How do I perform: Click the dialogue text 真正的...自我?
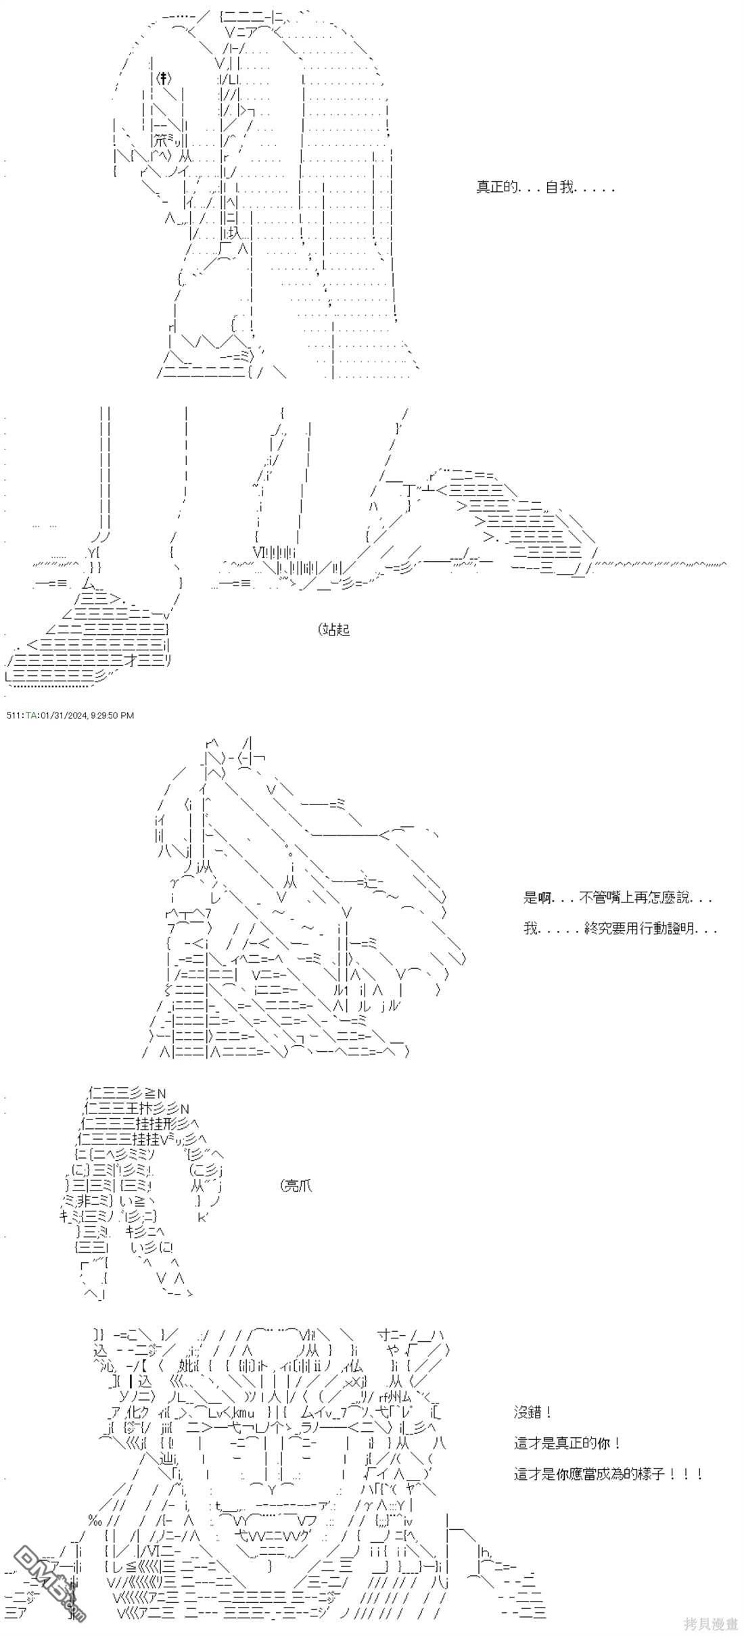pyautogui.click(x=545, y=188)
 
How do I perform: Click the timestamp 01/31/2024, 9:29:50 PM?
pyautogui.click(x=87, y=715)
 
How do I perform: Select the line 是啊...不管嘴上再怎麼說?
pyautogui.click(x=617, y=898)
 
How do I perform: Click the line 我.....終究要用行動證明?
pyautogui.click(x=620, y=929)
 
